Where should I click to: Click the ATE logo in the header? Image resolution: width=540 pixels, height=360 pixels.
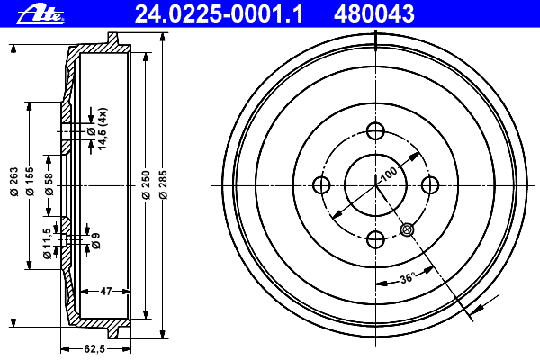pyautogui.click(x=40, y=15)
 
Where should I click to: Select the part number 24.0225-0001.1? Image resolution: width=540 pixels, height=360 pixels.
pyautogui.click(x=220, y=14)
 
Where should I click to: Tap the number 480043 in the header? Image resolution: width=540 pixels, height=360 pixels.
pyautogui.click(x=374, y=14)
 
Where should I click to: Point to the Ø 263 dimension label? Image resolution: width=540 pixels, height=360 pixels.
pyautogui.click(x=13, y=181)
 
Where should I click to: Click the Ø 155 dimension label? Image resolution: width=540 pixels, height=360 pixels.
pyautogui.click(x=30, y=181)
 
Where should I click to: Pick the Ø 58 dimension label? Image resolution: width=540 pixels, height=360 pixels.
pyautogui.click(x=49, y=184)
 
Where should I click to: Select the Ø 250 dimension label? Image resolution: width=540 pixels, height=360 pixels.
pyautogui.click(x=146, y=184)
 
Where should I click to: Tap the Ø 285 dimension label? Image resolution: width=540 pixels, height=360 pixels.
pyautogui.click(x=163, y=184)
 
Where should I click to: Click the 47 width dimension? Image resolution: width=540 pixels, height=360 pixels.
pyautogui.click(x=105, y=292)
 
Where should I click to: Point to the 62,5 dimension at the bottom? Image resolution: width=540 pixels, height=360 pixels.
pyautogui.click(x=94, y=349)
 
